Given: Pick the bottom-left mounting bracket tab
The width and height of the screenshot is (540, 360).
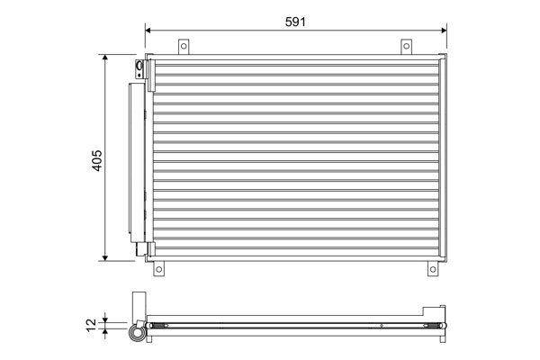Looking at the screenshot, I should (x=158, y=268).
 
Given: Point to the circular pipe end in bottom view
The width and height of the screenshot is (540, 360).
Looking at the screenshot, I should (x=137, y=333).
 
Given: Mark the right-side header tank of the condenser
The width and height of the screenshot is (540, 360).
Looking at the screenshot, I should (x=442, y=157).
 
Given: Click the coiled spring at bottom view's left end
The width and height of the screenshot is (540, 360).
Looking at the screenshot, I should (x=161, y=326).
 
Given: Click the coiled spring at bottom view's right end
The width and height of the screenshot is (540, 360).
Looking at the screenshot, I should (x=433, y=326).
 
